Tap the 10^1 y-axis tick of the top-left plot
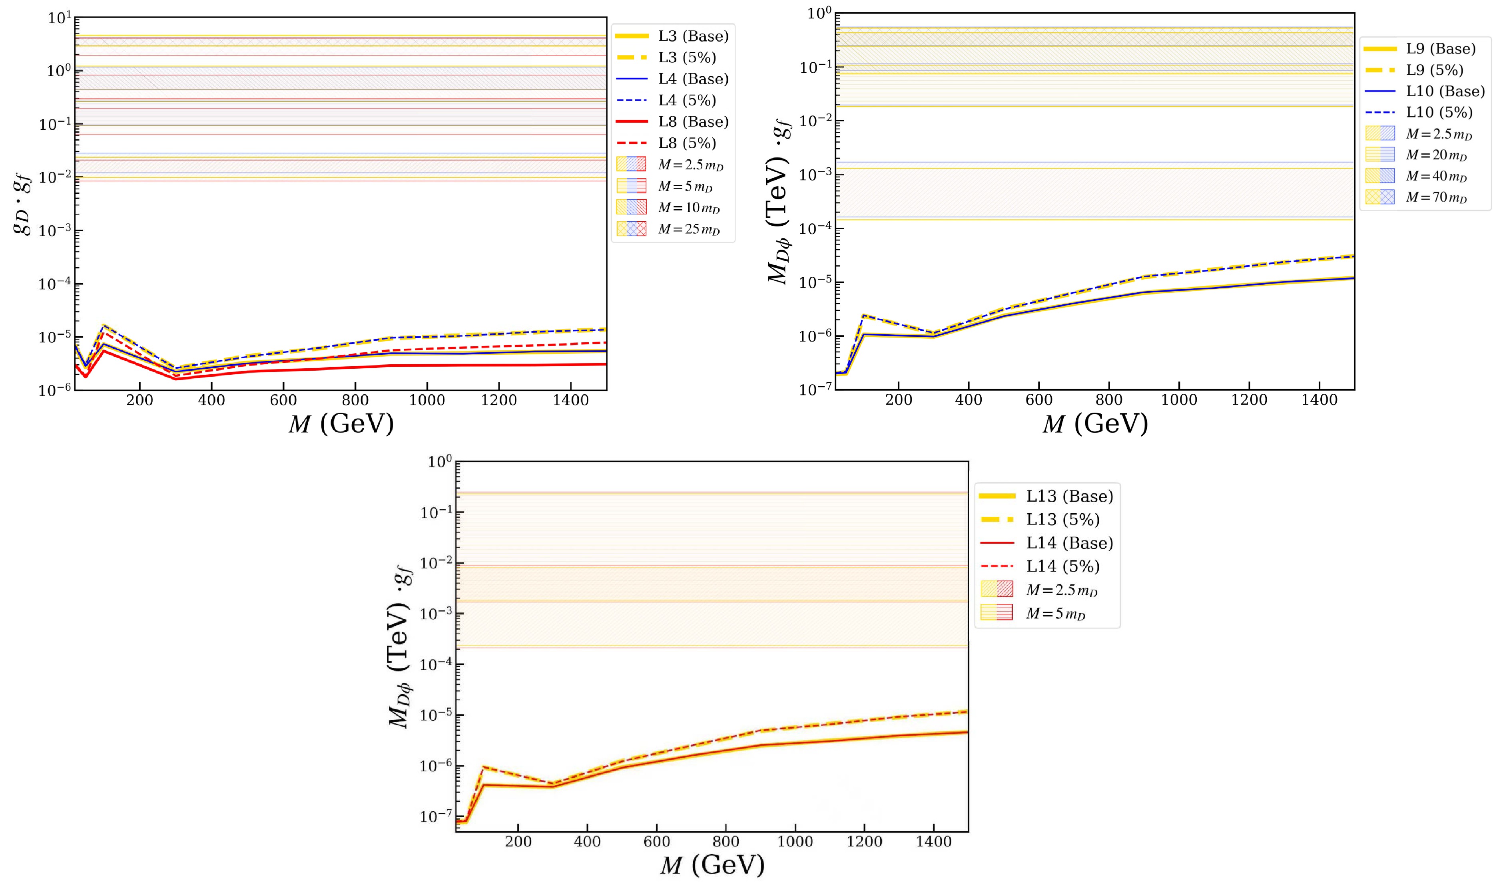coord(60,18)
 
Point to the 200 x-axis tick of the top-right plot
coord(899,400)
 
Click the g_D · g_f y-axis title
coord(24,202)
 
